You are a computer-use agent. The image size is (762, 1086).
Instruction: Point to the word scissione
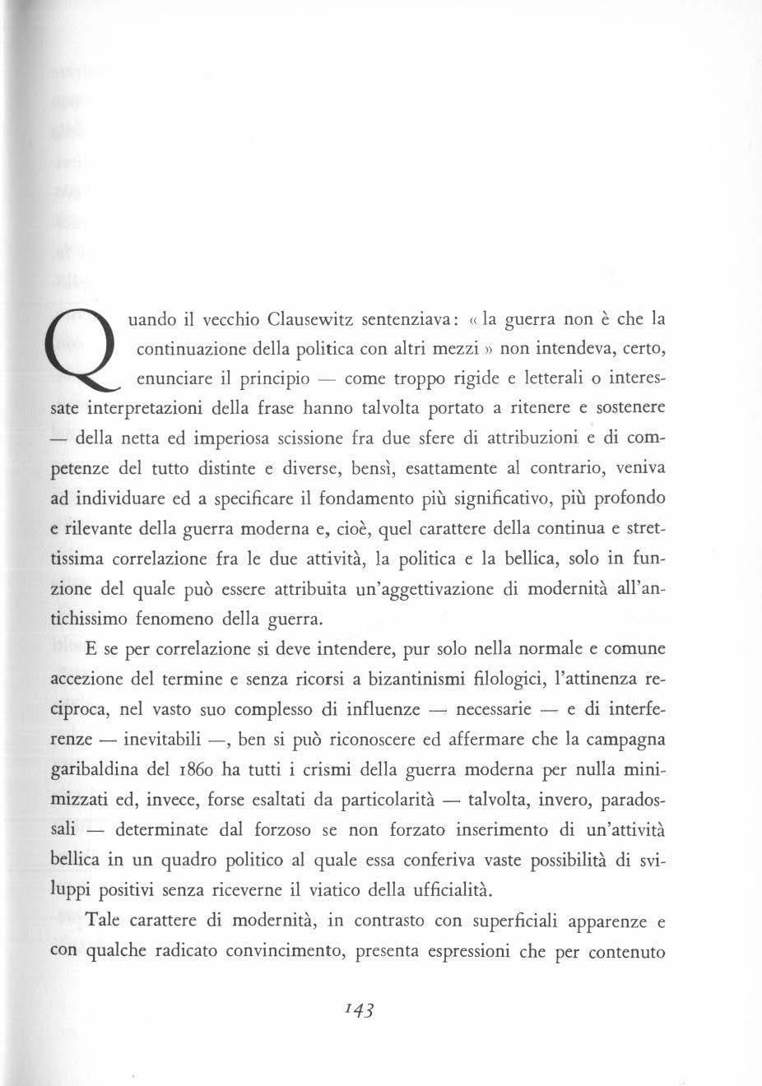click(x=323, y=439)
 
